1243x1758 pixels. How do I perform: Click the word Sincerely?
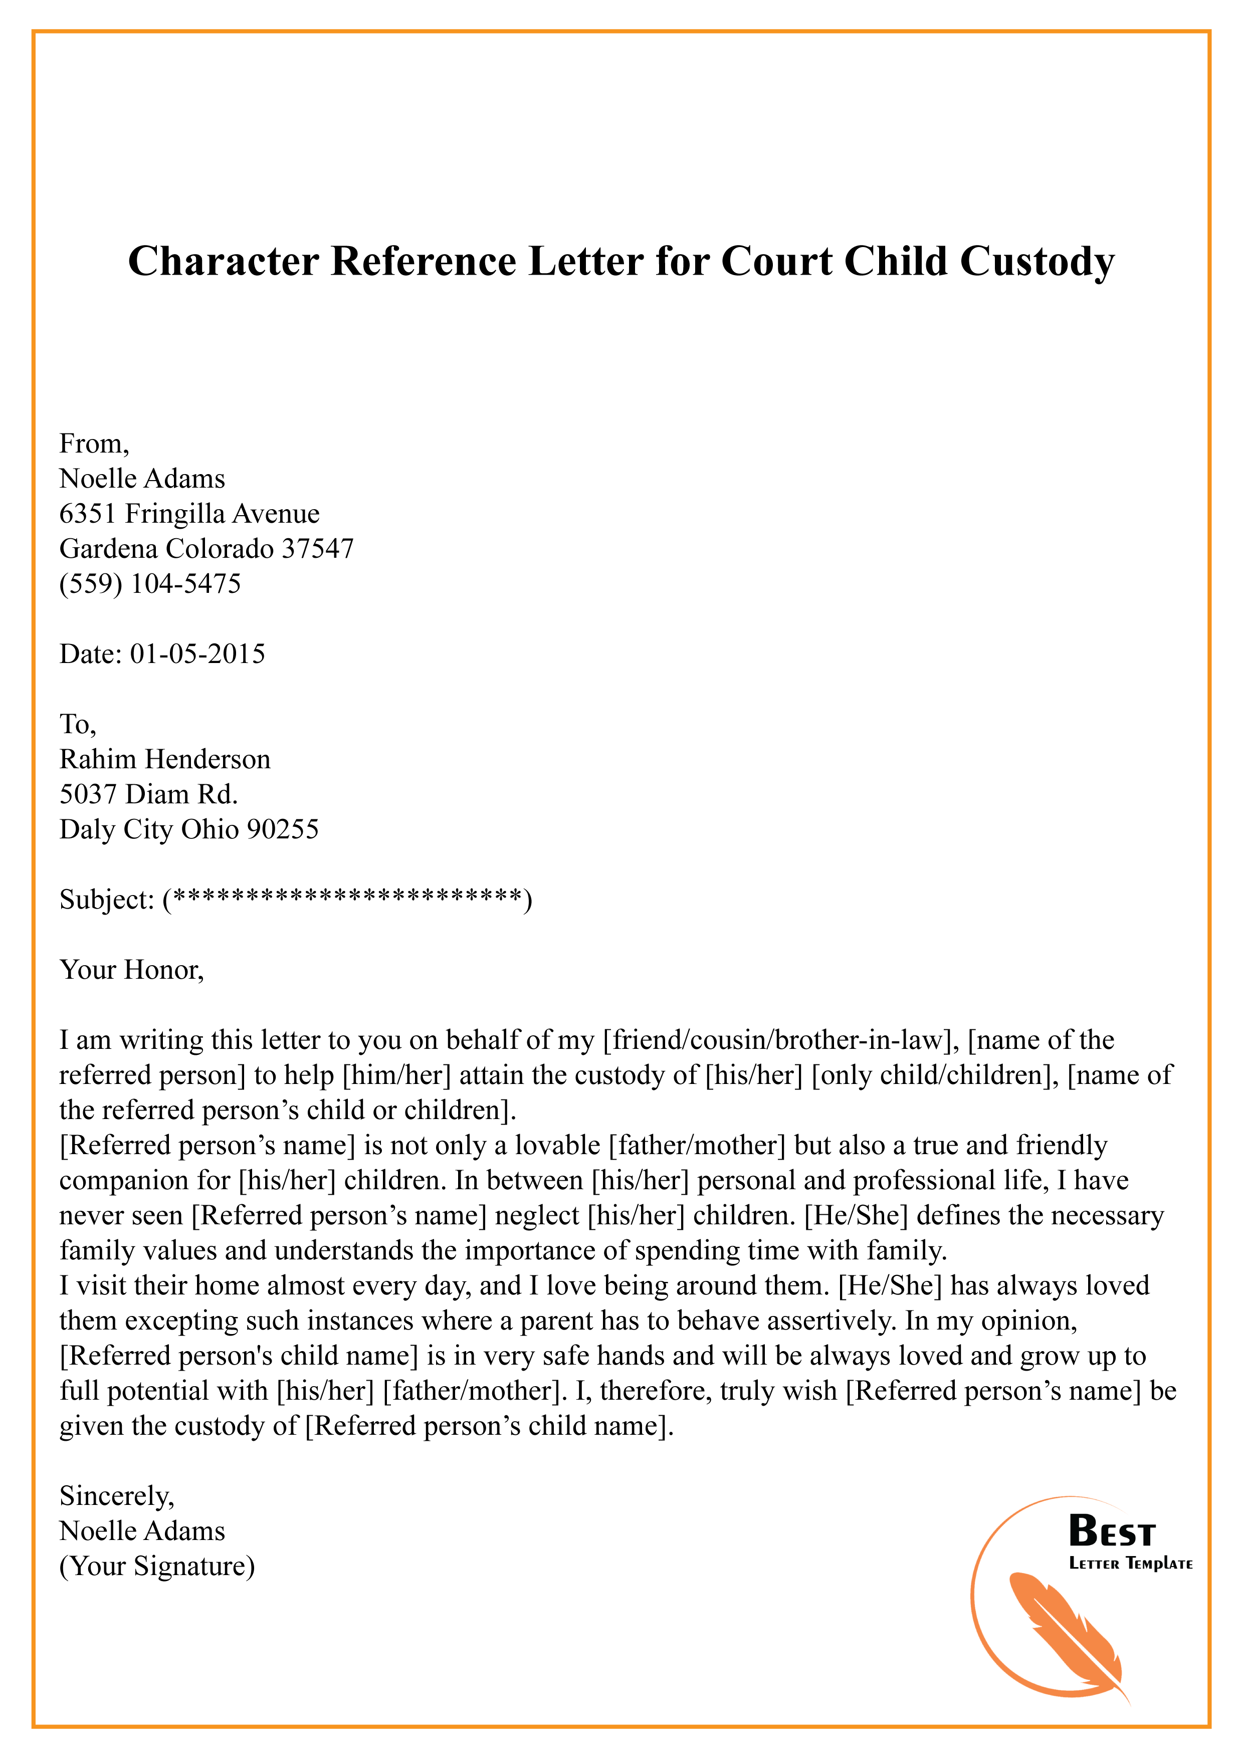click(x=116, y=1495)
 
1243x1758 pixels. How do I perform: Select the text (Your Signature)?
click(x=157, y=1566)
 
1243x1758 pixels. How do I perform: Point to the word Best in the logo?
click(x=1111, y=1532)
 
